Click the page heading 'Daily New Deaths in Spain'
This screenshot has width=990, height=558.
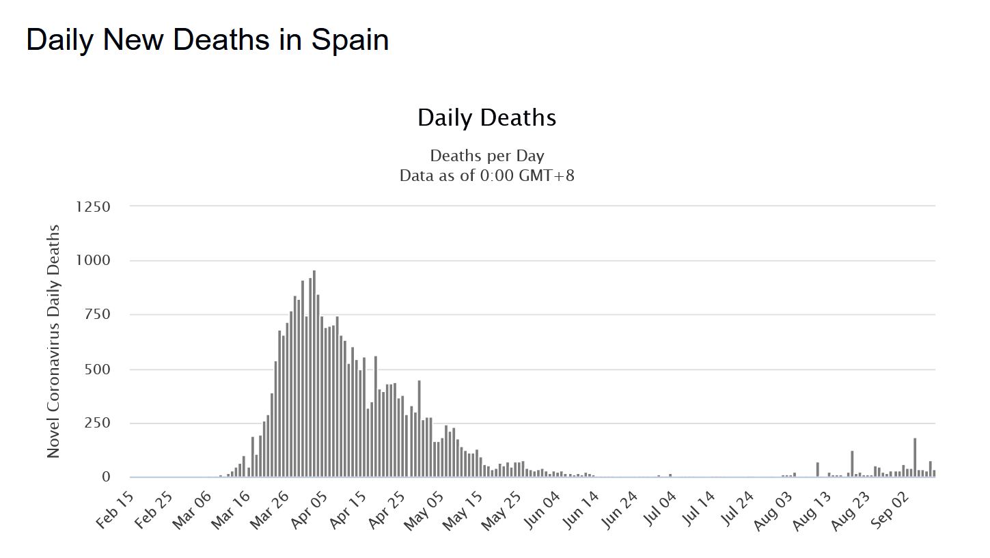[208, 40]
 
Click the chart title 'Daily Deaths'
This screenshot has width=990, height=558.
[486, 117]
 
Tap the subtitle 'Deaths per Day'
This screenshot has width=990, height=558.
[486, 156]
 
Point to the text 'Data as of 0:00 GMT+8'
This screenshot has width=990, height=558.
[486, 176]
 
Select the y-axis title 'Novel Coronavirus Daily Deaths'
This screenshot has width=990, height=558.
[54, 341]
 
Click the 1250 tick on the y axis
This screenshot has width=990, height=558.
[94, 206]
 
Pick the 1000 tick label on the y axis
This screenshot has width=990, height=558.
[94, 261]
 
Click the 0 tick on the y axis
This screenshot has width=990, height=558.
[106, 477]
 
